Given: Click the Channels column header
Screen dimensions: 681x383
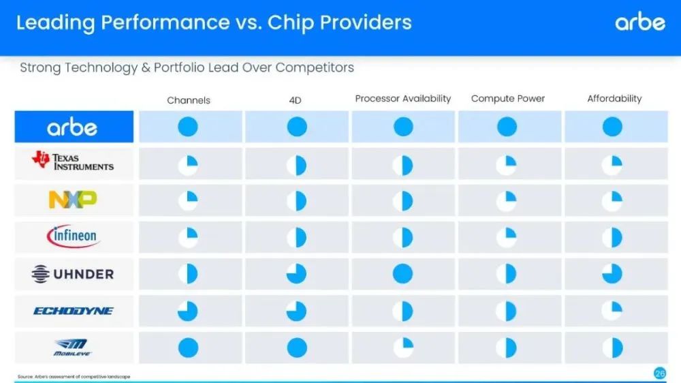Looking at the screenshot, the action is pyautogui.click(x=189, y=100).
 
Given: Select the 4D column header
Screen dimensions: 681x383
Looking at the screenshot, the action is pyautogui.click(x=295, y=100).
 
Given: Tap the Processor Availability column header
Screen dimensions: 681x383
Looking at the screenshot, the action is pyautogui.click(x=403, y=99).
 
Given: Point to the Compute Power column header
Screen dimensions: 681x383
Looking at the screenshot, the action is pyautogui.click(x=508, y=99).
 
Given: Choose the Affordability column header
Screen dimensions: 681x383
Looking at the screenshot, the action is pyautogui.click(x=614, y=99).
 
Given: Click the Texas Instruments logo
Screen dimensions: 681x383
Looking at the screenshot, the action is pyautogui.click(x=73, y=160).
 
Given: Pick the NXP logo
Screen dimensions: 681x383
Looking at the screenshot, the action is pyautogui.click(x=73, y=200).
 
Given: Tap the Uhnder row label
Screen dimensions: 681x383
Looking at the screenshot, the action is pyautogui.click(x=73, y=274).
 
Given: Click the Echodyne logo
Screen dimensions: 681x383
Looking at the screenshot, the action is pyautogui.click(x=74, y=311).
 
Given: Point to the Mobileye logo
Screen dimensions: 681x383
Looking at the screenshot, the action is pyautogui.click(x=72, y=347).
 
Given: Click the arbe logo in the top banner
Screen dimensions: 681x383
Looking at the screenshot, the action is pyautogui.click(x=640, y=21).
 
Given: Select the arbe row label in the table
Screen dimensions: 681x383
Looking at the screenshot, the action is pyautogui.click(x=72, y=127).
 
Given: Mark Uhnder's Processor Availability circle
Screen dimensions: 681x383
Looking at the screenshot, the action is pyautogui.click(x=402, y=274).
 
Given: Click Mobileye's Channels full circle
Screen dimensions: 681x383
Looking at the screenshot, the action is pyautogui.click(x=188, y=348).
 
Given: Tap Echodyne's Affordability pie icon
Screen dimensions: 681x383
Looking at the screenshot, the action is pyautogui.click(x=612, y=311).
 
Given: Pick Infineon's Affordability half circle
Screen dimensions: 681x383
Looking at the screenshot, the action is pyautogui.click(x=612, y=237).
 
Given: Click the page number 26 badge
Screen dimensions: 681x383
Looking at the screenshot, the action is pyautogui.click(x=660, y=373).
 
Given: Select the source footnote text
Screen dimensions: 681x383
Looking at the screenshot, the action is pyautogui.click(x=74, y=376).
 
